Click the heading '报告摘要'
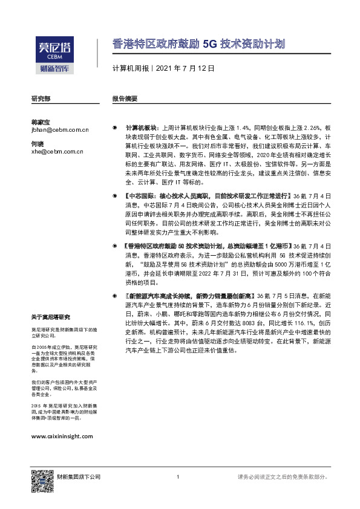125,99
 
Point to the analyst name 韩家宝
41,122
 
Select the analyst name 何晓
38,144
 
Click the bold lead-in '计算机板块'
141,129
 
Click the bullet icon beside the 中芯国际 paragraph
115,196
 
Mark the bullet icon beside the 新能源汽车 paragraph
115,295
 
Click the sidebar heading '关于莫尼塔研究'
51,317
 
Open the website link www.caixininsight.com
61,436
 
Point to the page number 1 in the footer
178,478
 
